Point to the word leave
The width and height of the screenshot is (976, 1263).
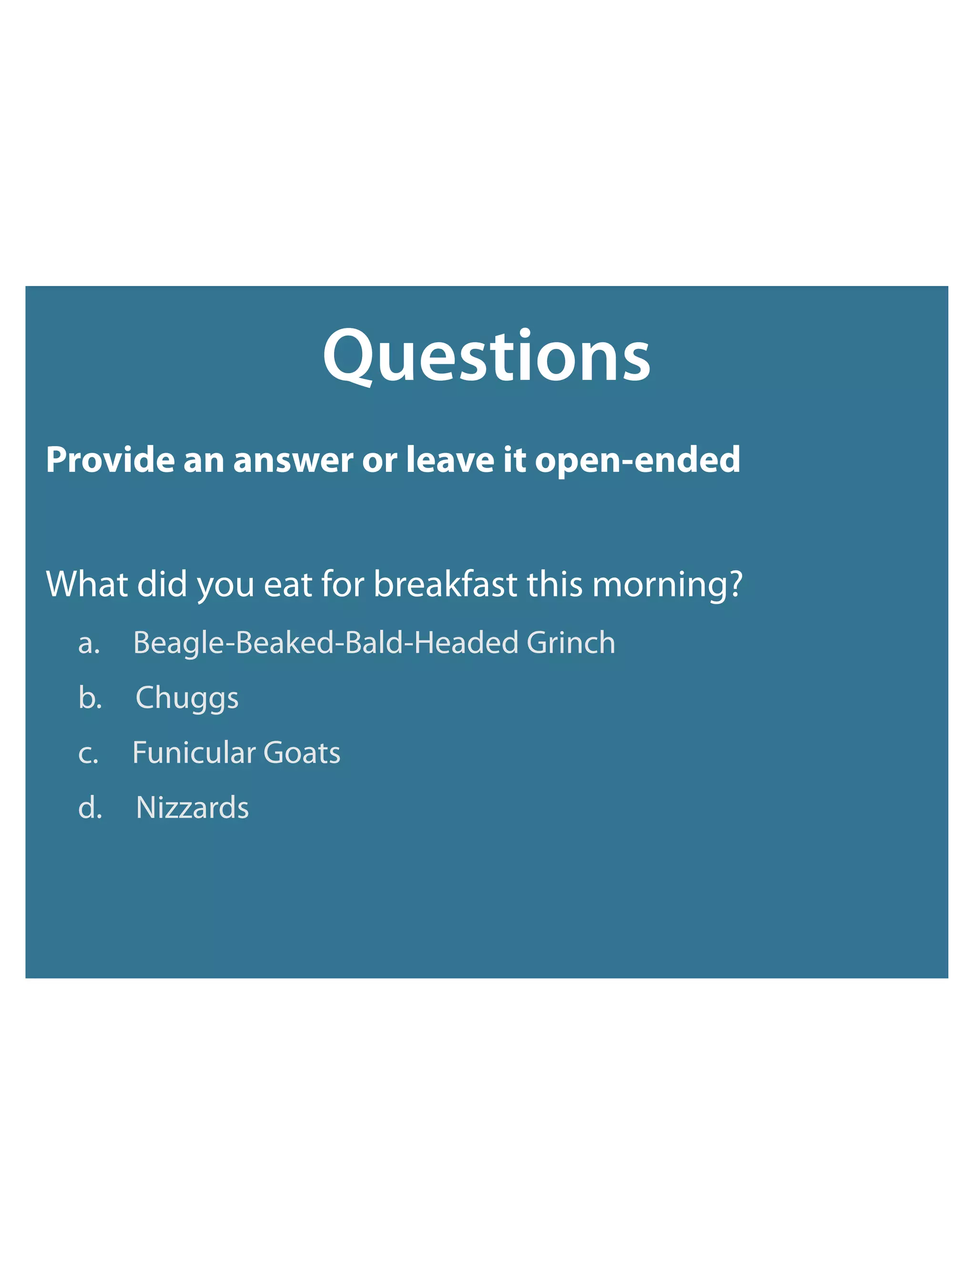coord(450,460)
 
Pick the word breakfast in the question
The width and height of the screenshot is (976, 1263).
coord(445,584)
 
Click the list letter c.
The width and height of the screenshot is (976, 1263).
coord(88,754)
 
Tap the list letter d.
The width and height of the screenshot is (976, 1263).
coord(90,807)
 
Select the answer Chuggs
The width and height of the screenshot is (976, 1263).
coord(187,699)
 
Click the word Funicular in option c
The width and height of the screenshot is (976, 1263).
coord(193,753)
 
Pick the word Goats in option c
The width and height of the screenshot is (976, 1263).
coord(302,753)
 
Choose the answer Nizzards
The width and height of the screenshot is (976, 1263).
coord(192,808)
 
